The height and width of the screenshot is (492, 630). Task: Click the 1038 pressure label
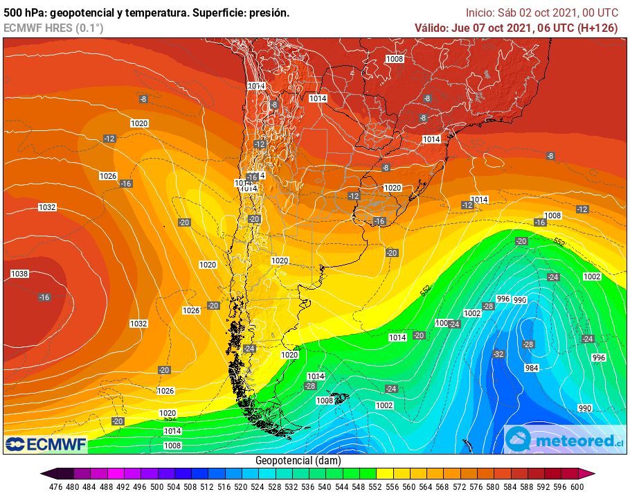point(19,274)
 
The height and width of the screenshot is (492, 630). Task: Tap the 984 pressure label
point(532,368)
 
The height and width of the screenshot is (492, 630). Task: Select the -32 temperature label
point(498,354)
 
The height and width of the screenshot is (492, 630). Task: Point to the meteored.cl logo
point(563,439)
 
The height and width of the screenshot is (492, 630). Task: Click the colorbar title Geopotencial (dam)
point(298,461)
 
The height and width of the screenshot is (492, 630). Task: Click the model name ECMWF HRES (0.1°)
point(53,28)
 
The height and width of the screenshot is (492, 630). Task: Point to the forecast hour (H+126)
point(595,28)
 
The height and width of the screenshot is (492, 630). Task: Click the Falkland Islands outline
point(339,399)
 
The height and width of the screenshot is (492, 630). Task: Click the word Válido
point(431,28)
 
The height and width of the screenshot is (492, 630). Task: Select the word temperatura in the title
point(159,12)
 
